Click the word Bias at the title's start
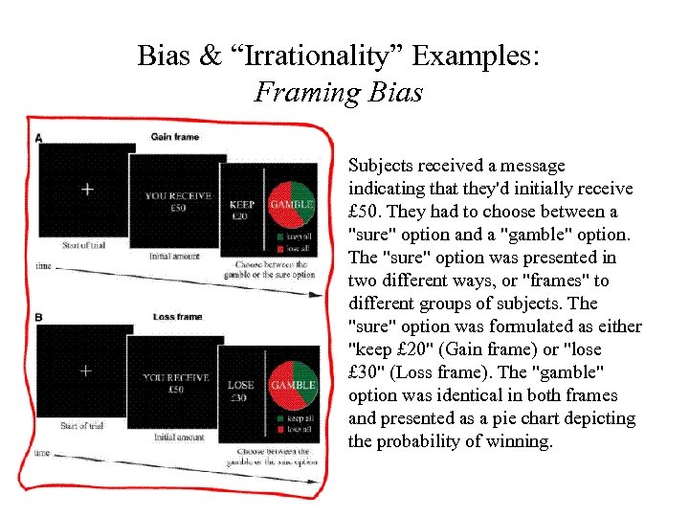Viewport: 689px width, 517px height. coord(164,56)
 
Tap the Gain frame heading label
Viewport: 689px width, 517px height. coord(175,137)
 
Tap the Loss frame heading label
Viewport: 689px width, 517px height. coord(178,317)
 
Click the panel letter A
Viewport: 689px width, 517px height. coord(38,139)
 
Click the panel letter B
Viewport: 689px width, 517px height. coord(38,318)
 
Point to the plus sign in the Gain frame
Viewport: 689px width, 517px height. coord(87,190)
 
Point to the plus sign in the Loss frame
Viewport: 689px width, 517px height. coord(85,370)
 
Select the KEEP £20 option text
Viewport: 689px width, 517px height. coord(242,210)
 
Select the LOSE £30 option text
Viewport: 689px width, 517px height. coord(240,391)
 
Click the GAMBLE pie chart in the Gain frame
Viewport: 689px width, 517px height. coord(292,204)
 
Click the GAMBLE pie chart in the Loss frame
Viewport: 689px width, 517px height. coord(292,385)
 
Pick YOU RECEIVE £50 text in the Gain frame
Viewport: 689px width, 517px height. coord(177,202)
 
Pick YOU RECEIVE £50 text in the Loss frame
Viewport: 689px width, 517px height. coord(175,383)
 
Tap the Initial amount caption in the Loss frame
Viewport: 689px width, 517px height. coord(179,437)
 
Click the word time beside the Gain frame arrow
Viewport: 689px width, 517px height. coord(43,265)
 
